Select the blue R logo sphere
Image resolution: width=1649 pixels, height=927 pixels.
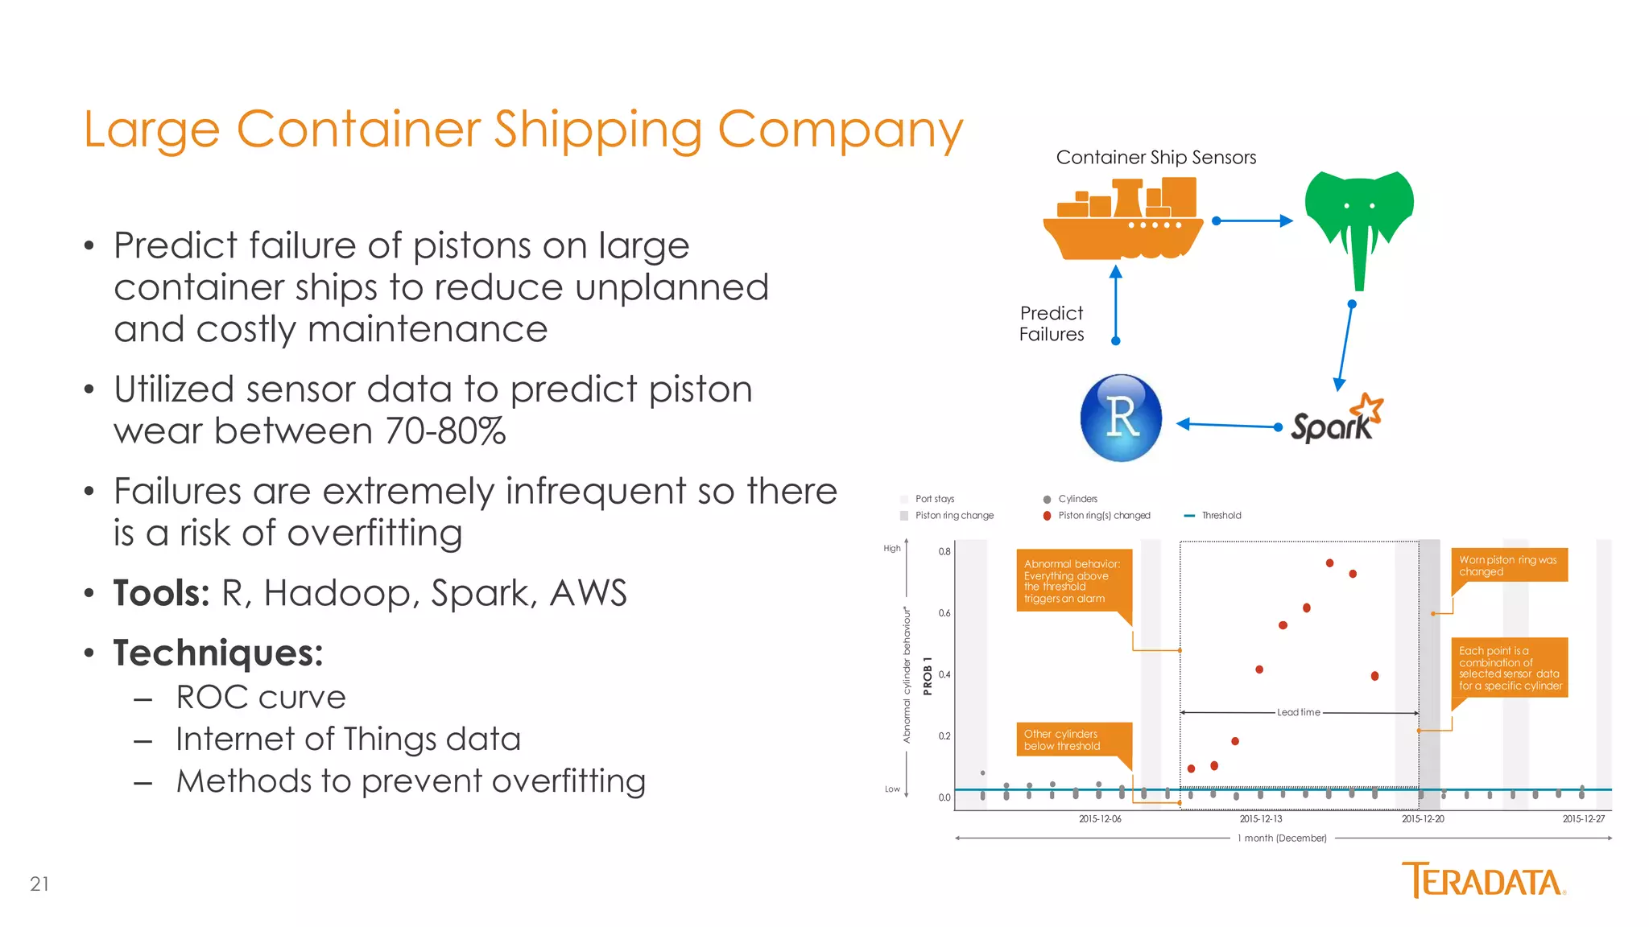point(1121,418)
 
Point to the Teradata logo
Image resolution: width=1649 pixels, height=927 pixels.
point(1483,880)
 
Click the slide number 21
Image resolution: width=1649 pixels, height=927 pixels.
point(39,884)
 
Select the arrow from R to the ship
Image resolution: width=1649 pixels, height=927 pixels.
point(1116,304)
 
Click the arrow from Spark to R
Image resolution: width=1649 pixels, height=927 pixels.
point(1228,425)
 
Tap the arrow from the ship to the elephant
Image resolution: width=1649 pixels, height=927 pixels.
point(1253,220)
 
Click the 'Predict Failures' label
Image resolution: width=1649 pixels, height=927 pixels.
point(1052,323)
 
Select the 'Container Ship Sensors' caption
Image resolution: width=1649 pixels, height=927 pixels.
point(1155,158)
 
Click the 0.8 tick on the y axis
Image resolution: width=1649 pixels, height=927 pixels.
point(944,552)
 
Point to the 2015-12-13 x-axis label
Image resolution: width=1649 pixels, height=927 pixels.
point(1261,819)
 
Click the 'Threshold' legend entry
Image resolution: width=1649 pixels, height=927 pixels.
point(1221,516)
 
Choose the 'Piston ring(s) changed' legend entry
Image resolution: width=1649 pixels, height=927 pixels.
point(1104,516)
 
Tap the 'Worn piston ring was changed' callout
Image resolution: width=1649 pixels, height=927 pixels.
point(1508,566)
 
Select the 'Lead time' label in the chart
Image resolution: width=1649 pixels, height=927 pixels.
point(1298,712)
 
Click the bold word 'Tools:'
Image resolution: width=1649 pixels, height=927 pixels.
point(161,593)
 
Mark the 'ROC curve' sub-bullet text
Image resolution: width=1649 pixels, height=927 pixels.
point(261,697)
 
